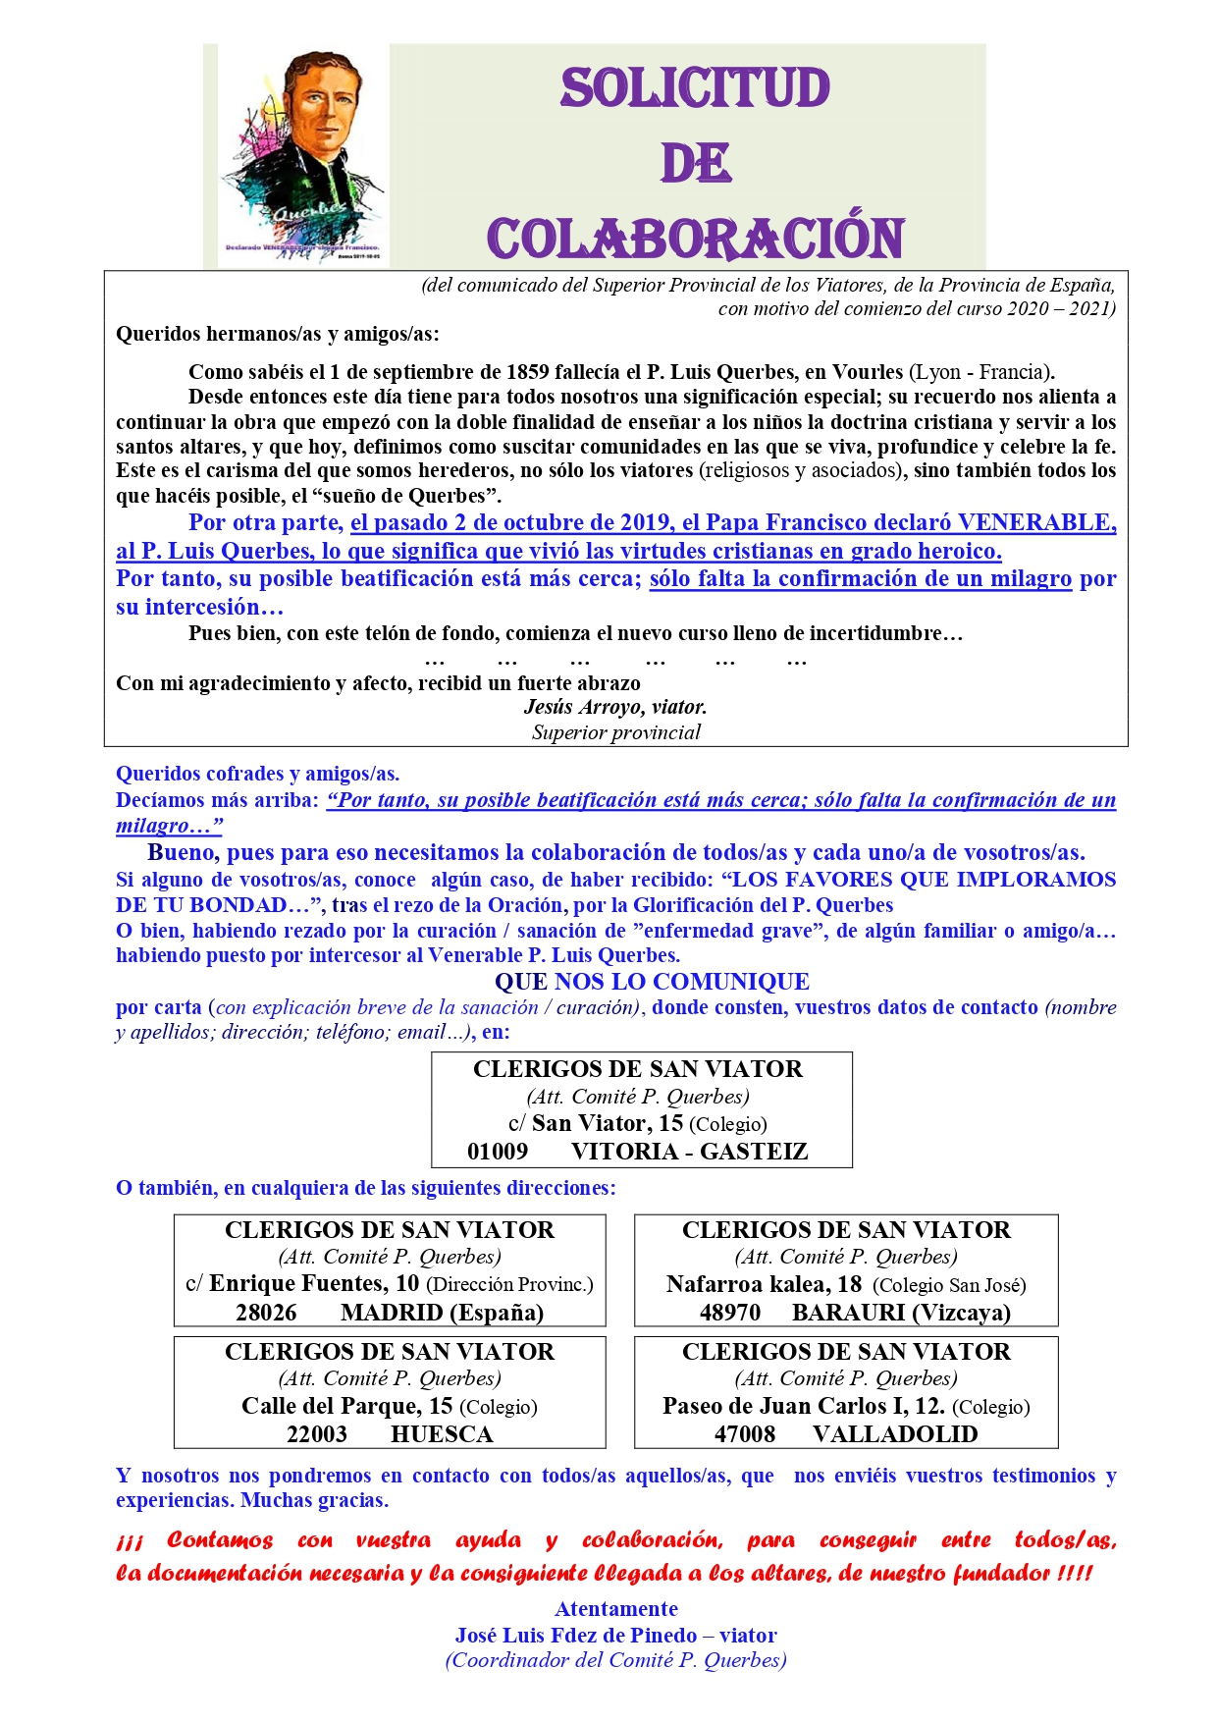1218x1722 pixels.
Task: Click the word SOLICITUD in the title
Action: [x=695, y=88]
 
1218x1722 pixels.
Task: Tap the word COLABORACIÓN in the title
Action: [x=695, y=239]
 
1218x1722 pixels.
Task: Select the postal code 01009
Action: [x=498, y=1152]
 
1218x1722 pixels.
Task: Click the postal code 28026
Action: [x=266, y=1313]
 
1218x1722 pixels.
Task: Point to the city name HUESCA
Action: [x=442, y=1434]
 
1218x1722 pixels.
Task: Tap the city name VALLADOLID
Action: [x=895, y=1434]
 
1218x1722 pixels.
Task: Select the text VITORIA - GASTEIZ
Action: [x=689, y=1152]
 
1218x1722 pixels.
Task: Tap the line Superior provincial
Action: [x=616, y=732]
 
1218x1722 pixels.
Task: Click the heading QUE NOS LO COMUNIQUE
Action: [x=652, y=982]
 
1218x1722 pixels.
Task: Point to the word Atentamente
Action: [x=616, y=1609]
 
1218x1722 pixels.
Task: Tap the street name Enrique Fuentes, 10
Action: [x=314, y=1284]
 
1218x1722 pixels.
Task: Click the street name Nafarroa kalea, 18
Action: [x=764, y=1284]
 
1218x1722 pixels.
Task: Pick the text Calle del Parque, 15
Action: [x=346, y=1407]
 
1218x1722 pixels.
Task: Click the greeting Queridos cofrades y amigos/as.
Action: [x=257, y=774]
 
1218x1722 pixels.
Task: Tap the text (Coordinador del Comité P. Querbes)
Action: [x=616, y=1660]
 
